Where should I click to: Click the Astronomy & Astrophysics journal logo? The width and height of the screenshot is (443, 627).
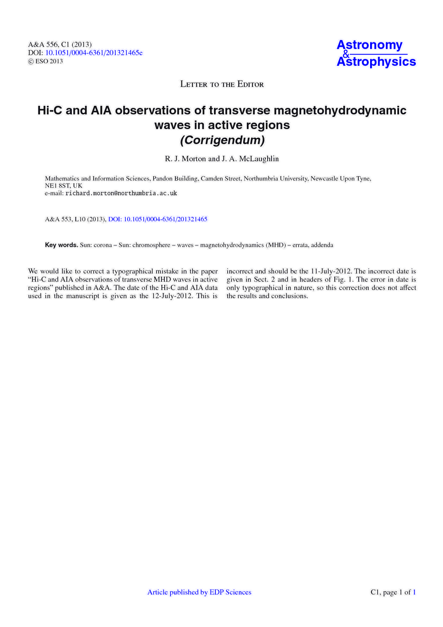[x=376, y=53]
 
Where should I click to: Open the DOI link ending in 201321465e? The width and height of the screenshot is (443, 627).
[x=94, y=53]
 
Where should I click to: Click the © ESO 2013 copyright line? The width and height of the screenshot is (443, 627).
[x=46, y=61]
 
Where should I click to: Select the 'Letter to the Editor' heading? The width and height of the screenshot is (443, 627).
[x=221, y=84]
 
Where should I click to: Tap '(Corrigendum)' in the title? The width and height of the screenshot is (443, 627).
[x=221, y=141]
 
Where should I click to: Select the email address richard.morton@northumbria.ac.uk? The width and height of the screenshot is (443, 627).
[x=121, y=193]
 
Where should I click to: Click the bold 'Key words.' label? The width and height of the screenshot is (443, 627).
[x=61, y=245]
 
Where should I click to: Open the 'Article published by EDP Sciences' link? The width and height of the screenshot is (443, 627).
[x=199, y=592]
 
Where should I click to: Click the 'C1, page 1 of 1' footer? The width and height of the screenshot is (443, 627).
[x=393, y=592]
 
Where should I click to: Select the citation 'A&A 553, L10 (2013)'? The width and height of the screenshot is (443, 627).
[x=75, y=219]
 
